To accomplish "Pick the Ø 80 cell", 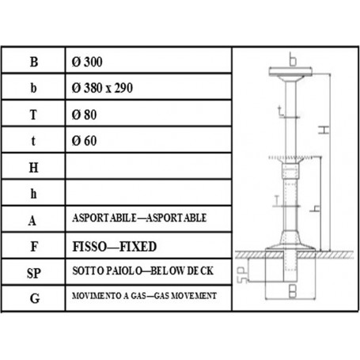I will pyautogui.click(x=85, y=114).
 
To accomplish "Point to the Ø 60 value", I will pyautogui.click(x=85, y=140).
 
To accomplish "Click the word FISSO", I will pyautogui.click(x=90, y=244).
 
